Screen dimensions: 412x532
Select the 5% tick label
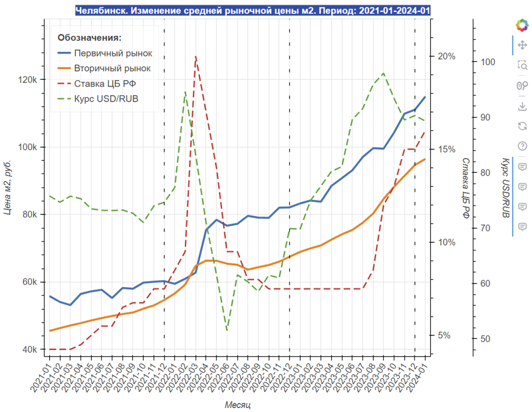click(x=444, y=336)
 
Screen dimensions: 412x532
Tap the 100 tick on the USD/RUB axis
click(x=487, y=62)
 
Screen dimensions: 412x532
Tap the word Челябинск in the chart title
click(x=102, y=11)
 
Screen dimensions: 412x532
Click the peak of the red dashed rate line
click(x=196, y=56)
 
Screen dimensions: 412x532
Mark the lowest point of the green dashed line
click(x=227, y=330)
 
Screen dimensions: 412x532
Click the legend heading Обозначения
click(x=89, y=38)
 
